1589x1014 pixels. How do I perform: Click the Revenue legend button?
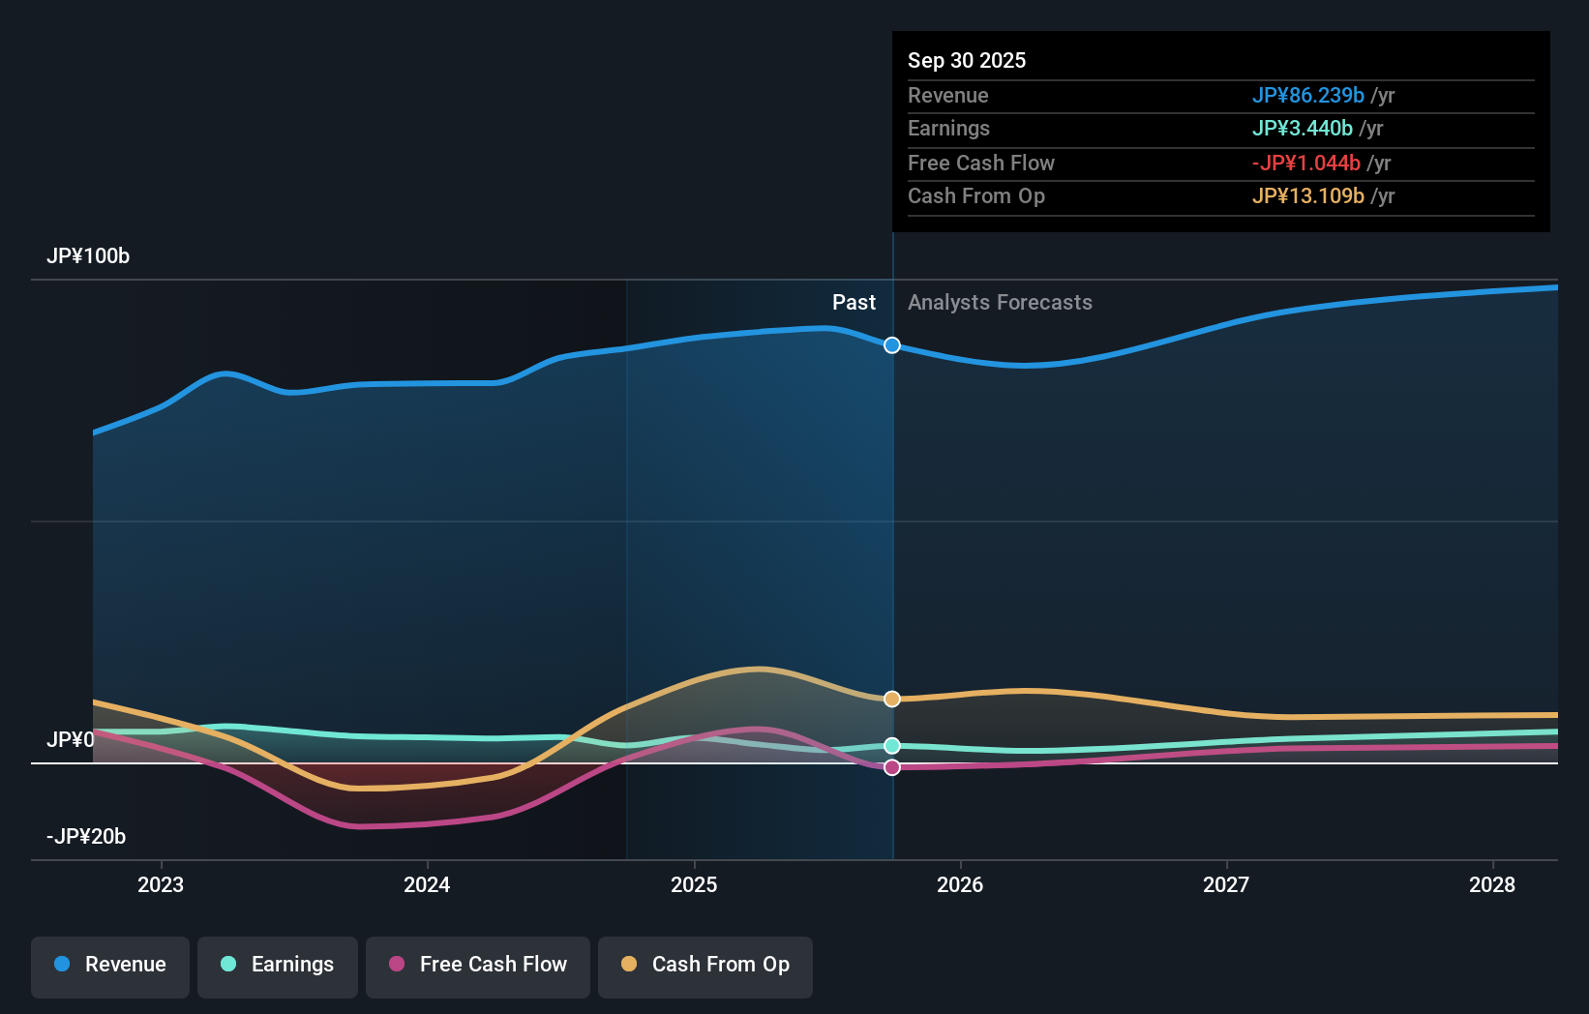coord(110,965)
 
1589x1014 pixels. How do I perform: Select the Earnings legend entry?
coord(278,965)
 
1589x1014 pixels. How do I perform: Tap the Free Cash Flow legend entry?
coord(478,965)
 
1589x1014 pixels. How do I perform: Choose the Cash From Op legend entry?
coord(705,965)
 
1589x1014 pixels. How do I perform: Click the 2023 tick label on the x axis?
coord(161,884)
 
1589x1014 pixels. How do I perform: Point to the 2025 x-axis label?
coord(694,884)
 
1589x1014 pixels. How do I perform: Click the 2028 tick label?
coord(1492,884)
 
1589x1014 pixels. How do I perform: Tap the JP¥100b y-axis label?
coord(88,256)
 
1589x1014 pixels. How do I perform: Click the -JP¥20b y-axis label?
coord(86,837)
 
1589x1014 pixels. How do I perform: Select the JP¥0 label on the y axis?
coord(71,740)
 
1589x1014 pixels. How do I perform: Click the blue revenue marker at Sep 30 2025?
coord(892,345)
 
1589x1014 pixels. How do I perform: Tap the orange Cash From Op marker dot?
coord(892,699)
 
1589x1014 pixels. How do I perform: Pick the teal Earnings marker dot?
coord(892,746)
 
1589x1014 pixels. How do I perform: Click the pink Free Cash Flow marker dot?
coord(892,767)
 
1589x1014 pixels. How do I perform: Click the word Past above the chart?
coord(854,303)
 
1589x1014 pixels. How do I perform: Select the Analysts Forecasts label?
coord(1000,303)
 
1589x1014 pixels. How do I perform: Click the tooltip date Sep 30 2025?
coord(967,60)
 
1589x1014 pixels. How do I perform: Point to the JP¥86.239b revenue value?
coord(1307,96)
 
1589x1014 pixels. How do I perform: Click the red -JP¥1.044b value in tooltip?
coord(1305,164)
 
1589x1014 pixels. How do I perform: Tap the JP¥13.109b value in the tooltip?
coord(1307,196)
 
